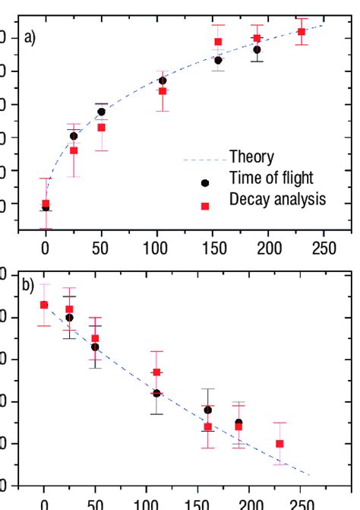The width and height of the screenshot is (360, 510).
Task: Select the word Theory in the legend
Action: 252,158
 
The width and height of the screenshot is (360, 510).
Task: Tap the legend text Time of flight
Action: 271,179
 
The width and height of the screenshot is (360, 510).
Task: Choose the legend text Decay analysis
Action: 277,199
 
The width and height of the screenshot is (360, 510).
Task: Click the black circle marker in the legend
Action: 204,183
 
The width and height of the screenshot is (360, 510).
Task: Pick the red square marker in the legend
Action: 204,204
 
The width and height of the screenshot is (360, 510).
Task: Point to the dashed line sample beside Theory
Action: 204,160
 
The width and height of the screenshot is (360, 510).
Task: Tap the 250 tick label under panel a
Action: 324,248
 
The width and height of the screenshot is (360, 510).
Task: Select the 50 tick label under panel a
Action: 101,248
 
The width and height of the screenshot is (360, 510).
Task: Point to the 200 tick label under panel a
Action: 269,248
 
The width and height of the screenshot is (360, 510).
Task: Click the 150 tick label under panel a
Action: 213,248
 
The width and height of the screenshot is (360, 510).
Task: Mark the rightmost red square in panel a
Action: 302,32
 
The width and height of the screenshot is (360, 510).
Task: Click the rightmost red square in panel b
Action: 279,444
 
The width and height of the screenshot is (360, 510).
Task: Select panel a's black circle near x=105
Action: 163,81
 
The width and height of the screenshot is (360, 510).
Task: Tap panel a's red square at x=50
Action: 101,128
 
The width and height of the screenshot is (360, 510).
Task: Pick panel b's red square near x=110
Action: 156,372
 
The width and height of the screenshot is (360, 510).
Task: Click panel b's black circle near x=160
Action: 207,410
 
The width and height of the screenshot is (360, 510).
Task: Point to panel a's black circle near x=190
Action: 257,50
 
